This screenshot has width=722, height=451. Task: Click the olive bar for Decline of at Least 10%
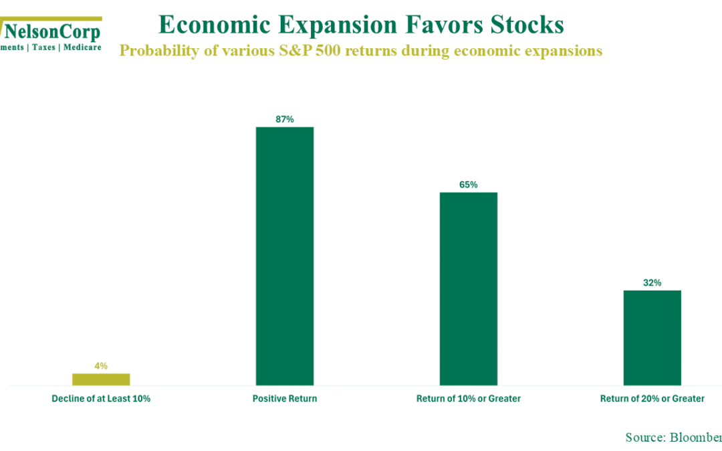tap(101, 379)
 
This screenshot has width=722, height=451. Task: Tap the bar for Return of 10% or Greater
tap(468, 289)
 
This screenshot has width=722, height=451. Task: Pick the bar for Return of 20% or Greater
tap(652, 337)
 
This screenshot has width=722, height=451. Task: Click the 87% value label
tap(285, 119)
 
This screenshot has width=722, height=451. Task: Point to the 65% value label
tap(469, 184)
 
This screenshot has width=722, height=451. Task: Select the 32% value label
tap(652, 283)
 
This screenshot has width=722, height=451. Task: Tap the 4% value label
tap(101, 365)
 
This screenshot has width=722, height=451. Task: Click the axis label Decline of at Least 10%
tap(101, 399)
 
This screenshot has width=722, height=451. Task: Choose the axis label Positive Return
tap(285, 399)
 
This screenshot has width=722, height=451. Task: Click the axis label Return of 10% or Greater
tap(468, 399)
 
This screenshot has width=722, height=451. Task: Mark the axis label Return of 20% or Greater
tap(652, 399)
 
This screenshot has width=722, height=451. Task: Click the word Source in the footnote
tap(643, 437)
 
